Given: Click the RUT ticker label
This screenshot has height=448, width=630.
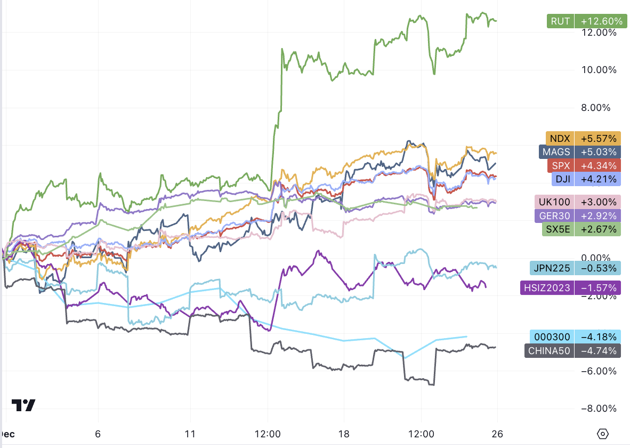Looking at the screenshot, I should [x=560, y=21].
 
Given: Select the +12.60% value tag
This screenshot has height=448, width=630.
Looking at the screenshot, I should [x=601, y=21].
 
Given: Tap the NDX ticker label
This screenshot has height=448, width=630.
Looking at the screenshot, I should [x=559, y=138].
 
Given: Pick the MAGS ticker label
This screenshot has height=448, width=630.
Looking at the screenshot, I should [x=556, y=152].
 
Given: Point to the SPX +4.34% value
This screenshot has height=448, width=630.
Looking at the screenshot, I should [x=599, y=165].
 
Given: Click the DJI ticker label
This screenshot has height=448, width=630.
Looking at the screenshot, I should [x=562, y=179].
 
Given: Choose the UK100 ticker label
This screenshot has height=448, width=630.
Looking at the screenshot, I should [x=555, y=202].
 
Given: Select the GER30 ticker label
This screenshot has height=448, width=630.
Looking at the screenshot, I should [x=554, y=216].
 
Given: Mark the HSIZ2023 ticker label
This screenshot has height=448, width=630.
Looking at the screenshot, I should [x=547, y=288].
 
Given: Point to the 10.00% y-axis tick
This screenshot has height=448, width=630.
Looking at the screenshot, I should [x=598, y=70].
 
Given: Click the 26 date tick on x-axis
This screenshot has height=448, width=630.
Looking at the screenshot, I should [x=497, y=433].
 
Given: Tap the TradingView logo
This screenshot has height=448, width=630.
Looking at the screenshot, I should [x=23, y=405].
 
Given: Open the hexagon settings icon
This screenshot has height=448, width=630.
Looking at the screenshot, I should [x=603, y=434].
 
